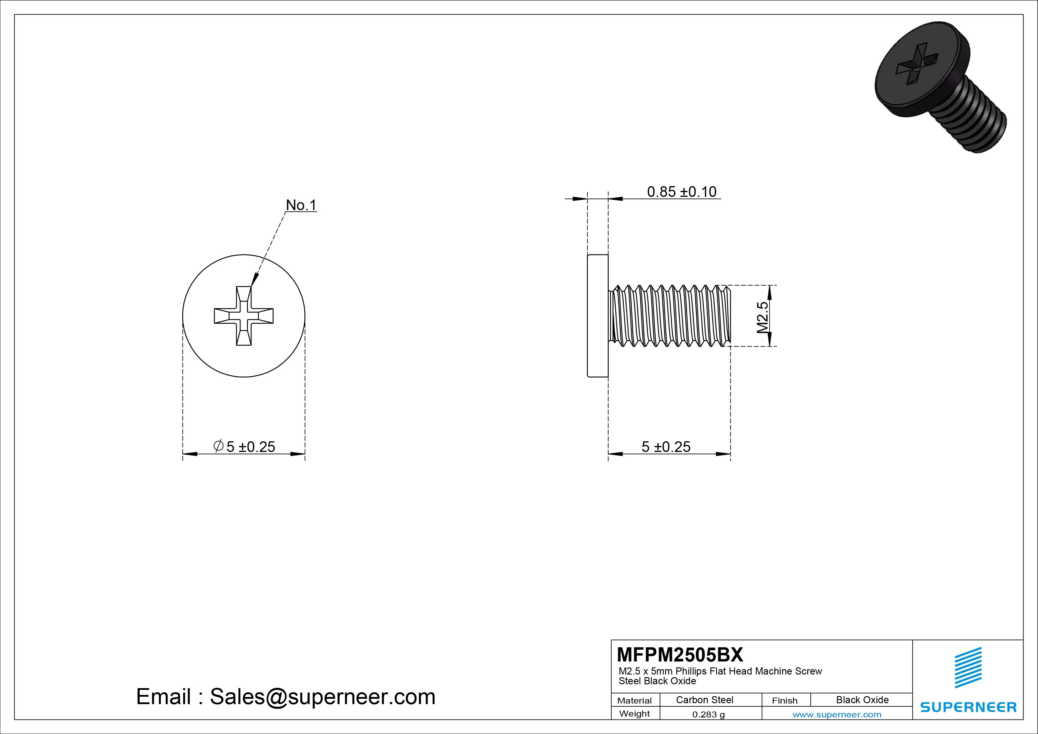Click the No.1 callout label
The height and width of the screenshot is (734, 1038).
tap(301, 205)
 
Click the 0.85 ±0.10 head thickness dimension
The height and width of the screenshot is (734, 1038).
tap(681, 192)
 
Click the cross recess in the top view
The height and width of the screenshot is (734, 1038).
tap(244, 316)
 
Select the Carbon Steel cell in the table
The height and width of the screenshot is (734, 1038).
tap(704, 700)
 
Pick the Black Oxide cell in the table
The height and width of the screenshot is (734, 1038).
tap(862, 700)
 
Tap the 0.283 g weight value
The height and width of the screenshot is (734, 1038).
tap(708, 714)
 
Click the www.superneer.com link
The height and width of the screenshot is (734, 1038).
tap(837, 714)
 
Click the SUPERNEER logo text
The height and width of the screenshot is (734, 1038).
tap(968, 707)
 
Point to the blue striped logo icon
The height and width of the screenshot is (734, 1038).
tap(968, 667)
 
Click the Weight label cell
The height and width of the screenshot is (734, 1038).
tap(634, 714)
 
